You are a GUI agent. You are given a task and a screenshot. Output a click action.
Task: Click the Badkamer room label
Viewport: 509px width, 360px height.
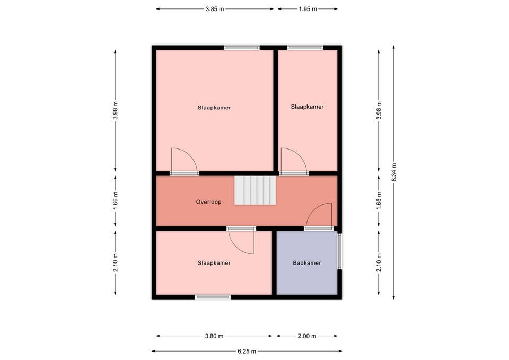point(307,262)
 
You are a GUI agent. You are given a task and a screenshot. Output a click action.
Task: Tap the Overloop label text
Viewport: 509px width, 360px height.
point(208,202)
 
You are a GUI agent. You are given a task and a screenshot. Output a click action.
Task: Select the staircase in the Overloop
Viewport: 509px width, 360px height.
point(256,190)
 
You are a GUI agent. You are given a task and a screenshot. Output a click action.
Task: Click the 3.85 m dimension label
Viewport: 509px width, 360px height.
point(215,8)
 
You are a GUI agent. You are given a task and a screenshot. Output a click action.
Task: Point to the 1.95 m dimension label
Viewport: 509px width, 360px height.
point(308,8)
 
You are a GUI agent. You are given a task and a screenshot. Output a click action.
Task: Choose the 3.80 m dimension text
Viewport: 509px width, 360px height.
point(214,336)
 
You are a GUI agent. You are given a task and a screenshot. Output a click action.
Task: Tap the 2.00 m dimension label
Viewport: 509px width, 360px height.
point(307,336)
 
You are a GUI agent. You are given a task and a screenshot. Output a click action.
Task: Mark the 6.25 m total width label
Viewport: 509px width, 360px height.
point(247,351)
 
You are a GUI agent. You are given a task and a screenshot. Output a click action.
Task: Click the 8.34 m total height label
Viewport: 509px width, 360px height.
point(393,172)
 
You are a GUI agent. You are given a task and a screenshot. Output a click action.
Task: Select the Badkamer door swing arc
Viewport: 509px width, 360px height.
point(319,215)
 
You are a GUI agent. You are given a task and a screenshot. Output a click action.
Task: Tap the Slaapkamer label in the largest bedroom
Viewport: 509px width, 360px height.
point(214,108)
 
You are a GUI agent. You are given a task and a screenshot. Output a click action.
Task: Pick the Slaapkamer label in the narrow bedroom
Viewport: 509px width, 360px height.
point(307,107)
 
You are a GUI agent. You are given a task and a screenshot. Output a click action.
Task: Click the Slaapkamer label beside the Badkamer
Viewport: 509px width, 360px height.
point(214,262)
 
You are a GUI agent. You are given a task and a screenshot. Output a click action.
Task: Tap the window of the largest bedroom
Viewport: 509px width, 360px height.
point(241,48)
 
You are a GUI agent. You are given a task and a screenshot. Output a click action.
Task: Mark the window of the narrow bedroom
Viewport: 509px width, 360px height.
point(305,48)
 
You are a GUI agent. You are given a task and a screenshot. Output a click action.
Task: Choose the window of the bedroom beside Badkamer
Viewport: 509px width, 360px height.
point(213,297)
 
